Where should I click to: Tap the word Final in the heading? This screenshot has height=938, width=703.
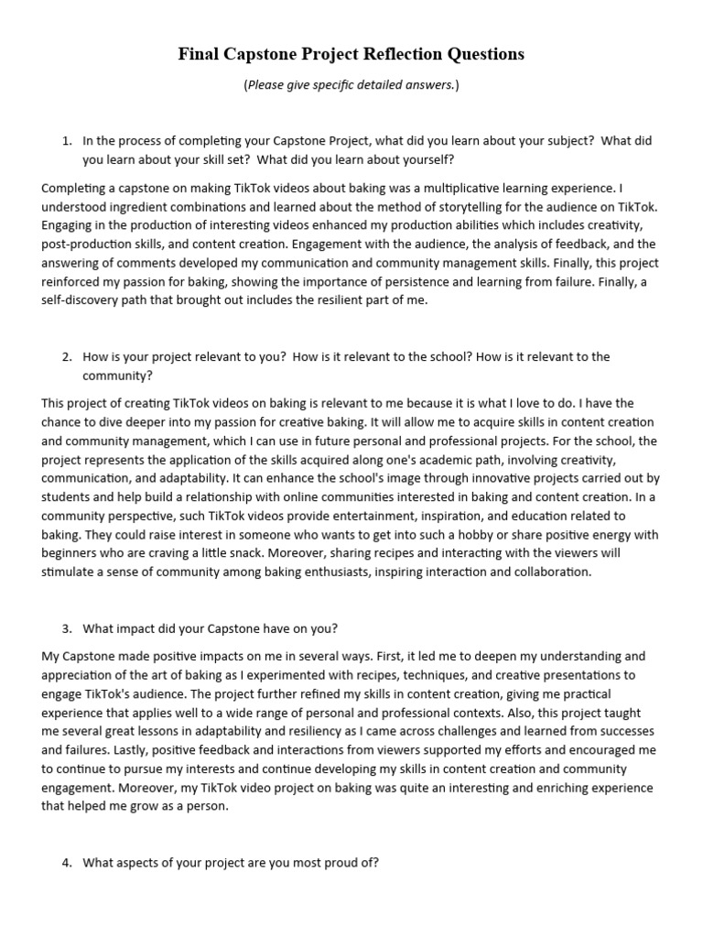(199, 54)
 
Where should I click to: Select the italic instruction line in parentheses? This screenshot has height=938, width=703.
(351, 85)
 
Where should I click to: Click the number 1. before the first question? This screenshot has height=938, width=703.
(67, 141)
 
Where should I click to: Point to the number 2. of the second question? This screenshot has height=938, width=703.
(67, 357)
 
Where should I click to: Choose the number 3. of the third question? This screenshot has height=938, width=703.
(67, 628)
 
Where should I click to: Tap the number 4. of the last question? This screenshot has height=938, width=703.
(67, 863)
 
